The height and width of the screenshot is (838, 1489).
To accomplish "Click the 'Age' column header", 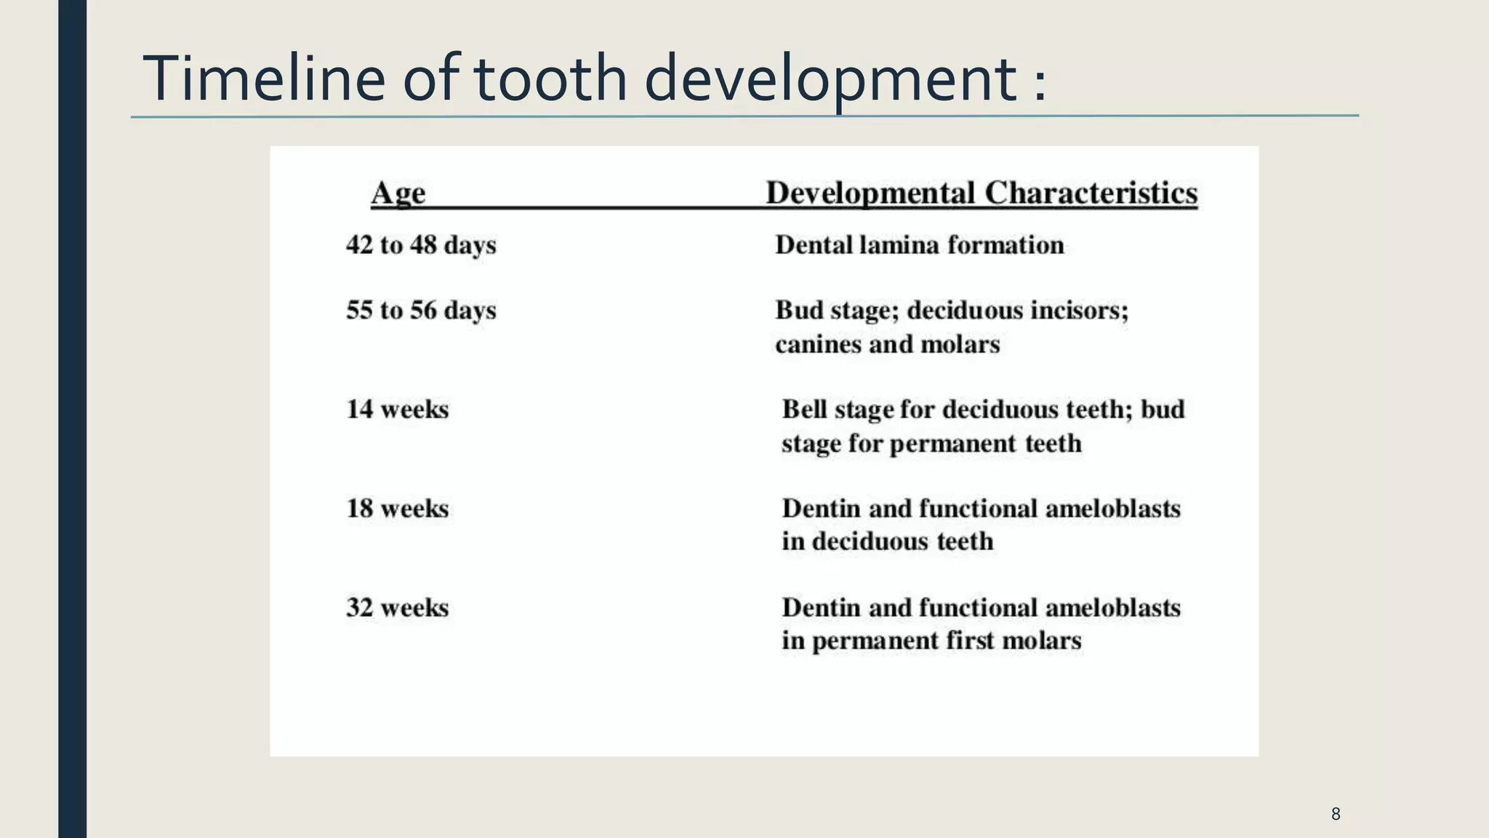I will pyautogui.click(x=398, y=193).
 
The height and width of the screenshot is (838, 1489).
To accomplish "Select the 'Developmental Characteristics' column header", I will pyautogui.click(x=982, y=193).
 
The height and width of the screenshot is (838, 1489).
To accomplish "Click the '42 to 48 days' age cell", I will pyautogui.click(x=421, y=245).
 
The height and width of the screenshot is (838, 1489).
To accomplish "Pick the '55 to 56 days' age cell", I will pyautogui.click(x=421, y=311).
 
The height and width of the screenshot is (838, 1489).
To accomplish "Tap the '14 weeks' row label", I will pyautogui.click(x=397, y=410).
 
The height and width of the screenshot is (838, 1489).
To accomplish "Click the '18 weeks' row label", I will pyautogui.click(x=397, y=508).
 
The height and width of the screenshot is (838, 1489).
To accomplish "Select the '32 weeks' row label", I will pyautogui.click(x=397, y=607).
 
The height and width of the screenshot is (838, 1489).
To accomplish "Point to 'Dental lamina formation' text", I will pyautogui.click(x=919, y=245).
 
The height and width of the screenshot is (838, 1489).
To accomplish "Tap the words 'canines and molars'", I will pyautogui.click(x=887, y=344).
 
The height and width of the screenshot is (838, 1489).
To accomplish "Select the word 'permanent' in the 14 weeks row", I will pyautogui.click(x=952, y=444).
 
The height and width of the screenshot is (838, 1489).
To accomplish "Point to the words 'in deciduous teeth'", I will pyautogui.click(x=887, y=542).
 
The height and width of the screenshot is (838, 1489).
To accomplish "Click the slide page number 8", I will pyautogui.click(x=1336, y=814).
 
